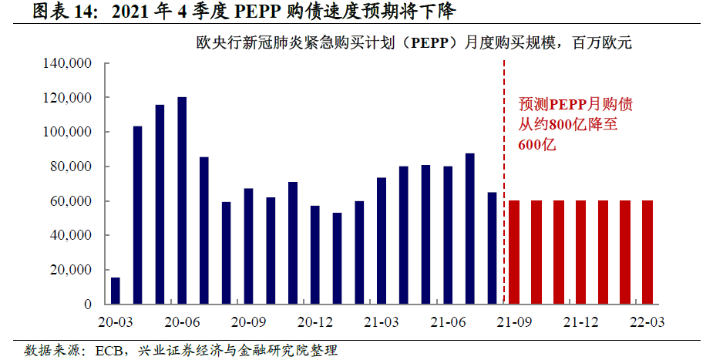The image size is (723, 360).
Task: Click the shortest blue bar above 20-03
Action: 116,291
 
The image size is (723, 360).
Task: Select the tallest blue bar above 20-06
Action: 182,200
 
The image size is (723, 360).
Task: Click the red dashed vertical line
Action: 504,177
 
